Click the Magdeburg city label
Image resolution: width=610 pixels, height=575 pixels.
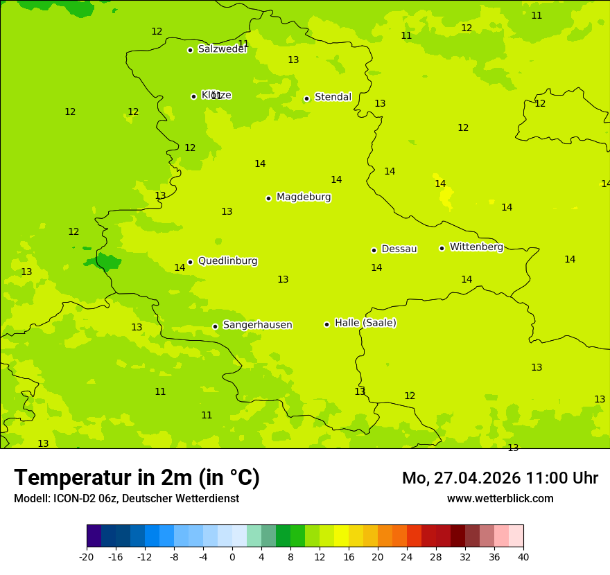click(x=304, y=197)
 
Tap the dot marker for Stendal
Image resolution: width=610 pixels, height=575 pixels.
click(x=306, y=98)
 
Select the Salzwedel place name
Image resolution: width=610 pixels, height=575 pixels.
click(x=222, y=49)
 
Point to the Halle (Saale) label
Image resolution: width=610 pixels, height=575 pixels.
click(x=365, y=323)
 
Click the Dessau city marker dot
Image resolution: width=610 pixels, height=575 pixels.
click(x=374, y=250)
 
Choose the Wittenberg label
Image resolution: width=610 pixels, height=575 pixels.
click(x=476, y=247)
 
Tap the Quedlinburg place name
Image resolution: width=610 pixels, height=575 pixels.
click(x=227, y=261)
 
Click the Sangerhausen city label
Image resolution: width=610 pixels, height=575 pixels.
click(x=257, y=325)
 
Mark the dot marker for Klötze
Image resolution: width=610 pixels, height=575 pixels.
click(x=193, y=96)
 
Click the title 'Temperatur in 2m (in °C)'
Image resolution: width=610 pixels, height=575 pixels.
click(x=137, y=478)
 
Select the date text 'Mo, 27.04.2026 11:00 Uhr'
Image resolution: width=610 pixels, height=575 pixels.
click(x=500, y=478)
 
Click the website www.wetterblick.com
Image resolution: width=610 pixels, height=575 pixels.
click(x=500, y=499)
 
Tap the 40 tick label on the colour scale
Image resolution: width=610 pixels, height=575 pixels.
click(x=523, y=556)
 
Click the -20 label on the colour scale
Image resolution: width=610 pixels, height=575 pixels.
click(x=87, y=556)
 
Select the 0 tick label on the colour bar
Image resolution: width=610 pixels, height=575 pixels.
click(x=232, y=556)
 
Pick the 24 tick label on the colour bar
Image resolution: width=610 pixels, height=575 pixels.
click(x=406, y=556)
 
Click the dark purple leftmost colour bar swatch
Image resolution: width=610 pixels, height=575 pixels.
click(x=94, y=536)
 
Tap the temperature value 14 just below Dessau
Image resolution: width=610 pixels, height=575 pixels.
click(x=376, y=268)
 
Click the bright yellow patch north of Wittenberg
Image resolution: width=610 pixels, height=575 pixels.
click(x=445, y=197)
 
